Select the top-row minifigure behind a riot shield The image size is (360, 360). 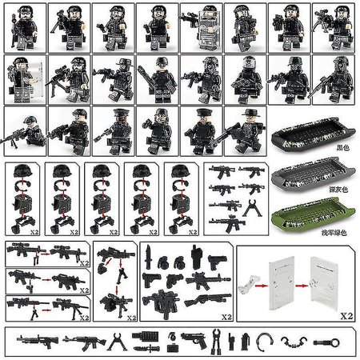pos(200,24)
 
